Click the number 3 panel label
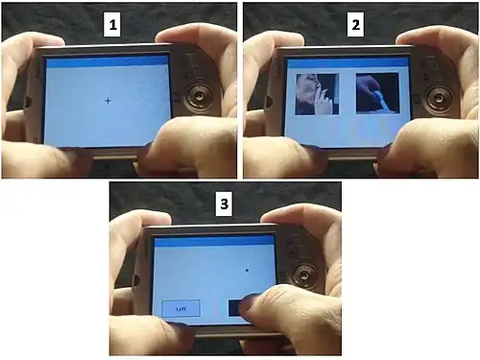point(225,204)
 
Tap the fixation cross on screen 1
point(108,101)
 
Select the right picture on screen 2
point(376,94)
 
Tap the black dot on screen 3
point(247,272)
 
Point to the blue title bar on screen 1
point(108,60)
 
